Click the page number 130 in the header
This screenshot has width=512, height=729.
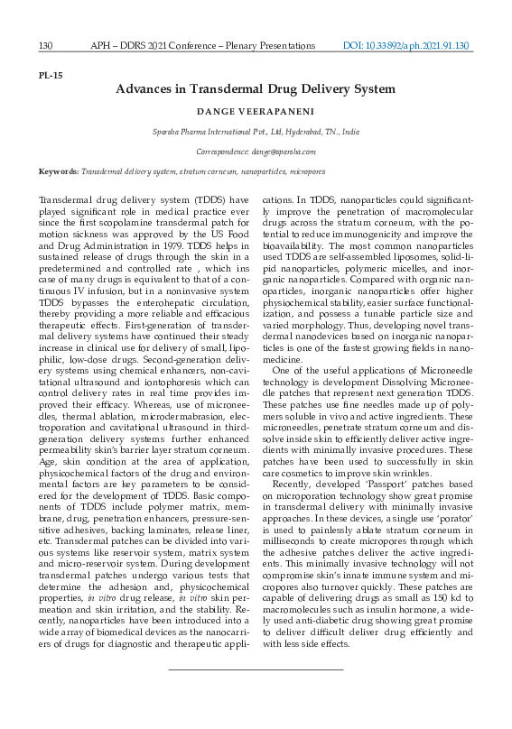(47, 45)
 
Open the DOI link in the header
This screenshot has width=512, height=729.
(409, 45)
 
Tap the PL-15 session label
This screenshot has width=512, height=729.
(51, 75)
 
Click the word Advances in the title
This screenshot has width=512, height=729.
(144, 89)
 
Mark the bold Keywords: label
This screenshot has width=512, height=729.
(59, 171)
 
